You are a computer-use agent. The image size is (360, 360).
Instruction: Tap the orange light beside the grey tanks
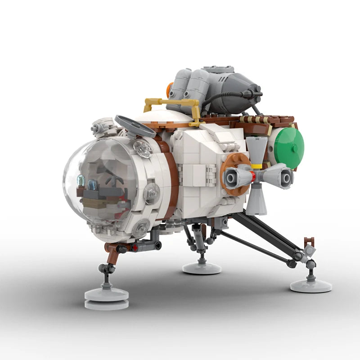click(170, 90)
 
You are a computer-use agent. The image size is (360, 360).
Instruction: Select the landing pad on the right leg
click(310, 285)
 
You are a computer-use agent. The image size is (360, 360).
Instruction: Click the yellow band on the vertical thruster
click(256, 166)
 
